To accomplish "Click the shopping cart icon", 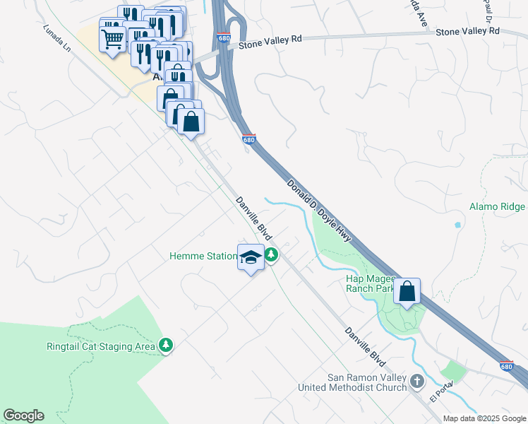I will pyautogui.click(x=112, y=40).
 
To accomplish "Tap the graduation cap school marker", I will pyautogui.click(x=251, y=258).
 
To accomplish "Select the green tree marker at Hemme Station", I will pyautogui.click(x=271, y=256).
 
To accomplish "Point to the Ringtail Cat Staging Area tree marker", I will pyautogui.click(x=166, y=345).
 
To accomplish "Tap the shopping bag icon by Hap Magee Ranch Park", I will pyautogui.click(x=407, y=292).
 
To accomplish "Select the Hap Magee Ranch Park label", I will pyautogui.click(x=369, y=283).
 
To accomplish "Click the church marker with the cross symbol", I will pyautogui.click(x=418, y=382).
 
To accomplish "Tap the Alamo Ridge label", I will pyautogui.click(x=497, y=207).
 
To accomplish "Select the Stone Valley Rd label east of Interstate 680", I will pyautogui.click(x=467, y=32).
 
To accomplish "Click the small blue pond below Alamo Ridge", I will pyautogui.click(x=457, y=225).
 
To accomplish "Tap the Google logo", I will pyautogui.click(x=23, y=416).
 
